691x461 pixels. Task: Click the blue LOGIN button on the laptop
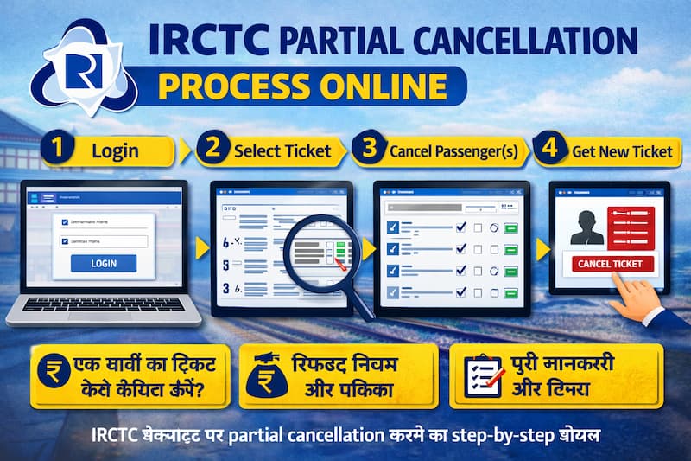point(104,263)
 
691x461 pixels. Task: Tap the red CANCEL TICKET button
point(609,263)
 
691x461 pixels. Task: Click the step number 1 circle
point(58,149)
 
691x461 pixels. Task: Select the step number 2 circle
point(210,149)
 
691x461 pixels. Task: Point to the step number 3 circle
point(370,149)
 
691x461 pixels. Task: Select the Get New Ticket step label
point(621,150)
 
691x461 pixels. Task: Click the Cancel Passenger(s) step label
point(453,151)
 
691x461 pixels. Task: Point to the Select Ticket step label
point(282,150)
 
